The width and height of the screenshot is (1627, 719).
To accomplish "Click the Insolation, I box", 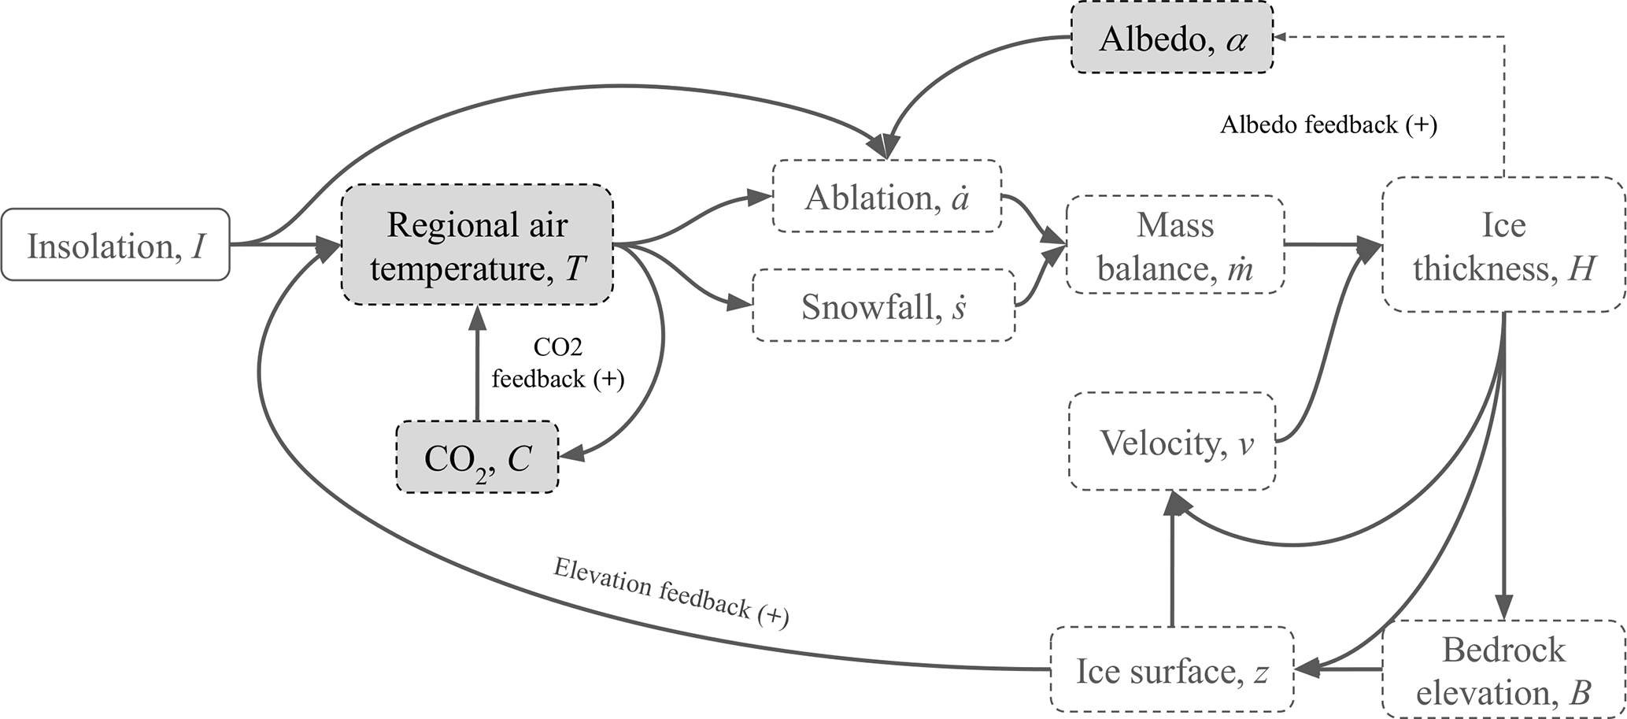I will click(x=115, y=245).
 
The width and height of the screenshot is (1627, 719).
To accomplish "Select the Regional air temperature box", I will click(x=477, y=245).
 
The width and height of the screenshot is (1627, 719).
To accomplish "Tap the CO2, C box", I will click(x=477, y=458).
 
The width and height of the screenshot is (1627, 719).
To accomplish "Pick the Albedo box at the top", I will click(x=1171, y=39).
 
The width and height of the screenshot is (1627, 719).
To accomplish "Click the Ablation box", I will click(x=886, y=197).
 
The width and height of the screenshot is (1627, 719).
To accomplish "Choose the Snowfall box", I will click(x=883, y=306).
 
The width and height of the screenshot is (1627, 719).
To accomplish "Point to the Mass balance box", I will click(x=1174, y=245).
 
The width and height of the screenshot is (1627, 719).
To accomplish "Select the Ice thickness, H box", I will click(x=1503, y=245).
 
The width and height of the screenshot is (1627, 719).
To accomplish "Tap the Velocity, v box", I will click(x=1171, y=442).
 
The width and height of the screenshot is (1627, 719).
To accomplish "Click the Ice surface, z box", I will click(x=1171, y=670).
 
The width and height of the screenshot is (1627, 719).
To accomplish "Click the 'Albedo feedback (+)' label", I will click(x=1329, y=125).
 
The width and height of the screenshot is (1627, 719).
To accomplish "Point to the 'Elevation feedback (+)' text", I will click(x=671, y=592).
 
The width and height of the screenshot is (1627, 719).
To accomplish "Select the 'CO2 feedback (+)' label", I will click(x=557, y=363).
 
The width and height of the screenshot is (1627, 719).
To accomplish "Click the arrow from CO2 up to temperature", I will click(x=477, y=362).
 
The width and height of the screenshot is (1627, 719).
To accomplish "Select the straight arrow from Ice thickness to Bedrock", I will click(x=1504, y=473).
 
